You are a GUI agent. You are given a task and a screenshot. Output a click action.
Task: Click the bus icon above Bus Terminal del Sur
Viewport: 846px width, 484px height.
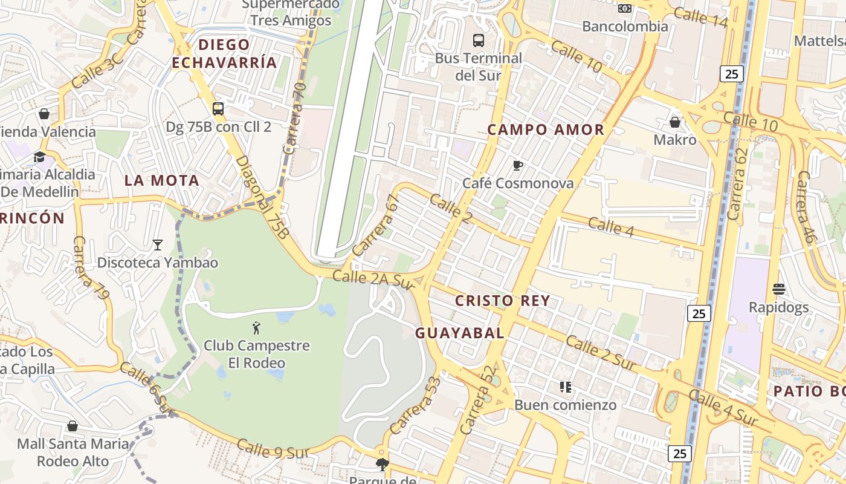coord(479,41)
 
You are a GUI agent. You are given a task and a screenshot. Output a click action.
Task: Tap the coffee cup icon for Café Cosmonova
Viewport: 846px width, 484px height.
coord(517,165)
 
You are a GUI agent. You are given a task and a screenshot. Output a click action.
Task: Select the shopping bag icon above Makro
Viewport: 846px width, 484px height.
coord(675,122)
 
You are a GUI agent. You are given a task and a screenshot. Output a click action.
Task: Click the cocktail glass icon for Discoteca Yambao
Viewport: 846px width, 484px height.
coord(158,245)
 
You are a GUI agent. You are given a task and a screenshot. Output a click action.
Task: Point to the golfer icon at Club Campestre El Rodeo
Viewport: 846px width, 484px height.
coord(256,328)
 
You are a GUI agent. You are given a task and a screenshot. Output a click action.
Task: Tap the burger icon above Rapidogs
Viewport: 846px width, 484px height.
coord(778,289)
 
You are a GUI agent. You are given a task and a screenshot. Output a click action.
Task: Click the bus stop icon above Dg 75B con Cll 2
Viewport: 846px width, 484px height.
coord(218,109)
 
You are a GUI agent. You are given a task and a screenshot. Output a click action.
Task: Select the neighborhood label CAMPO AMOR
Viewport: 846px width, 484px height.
coord(546,129)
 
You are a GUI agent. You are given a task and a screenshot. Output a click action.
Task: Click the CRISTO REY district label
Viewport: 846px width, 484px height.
coord(502,301)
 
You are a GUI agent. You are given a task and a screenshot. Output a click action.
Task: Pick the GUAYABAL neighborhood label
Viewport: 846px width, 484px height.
coord(460,333)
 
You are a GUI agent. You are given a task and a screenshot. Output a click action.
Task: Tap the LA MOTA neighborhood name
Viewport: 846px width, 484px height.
coord(161,180)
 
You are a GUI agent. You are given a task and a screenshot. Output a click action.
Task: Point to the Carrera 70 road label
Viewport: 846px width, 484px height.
coord(295,119)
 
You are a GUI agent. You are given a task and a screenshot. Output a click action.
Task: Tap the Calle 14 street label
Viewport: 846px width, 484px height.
coord(700,18)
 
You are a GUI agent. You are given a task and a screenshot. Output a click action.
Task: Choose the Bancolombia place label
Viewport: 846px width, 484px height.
coord(625,27)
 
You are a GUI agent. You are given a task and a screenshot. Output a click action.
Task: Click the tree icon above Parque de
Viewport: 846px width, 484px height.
coord(381,465)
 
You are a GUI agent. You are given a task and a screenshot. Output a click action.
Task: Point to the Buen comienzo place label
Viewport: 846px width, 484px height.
coord(566,405)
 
